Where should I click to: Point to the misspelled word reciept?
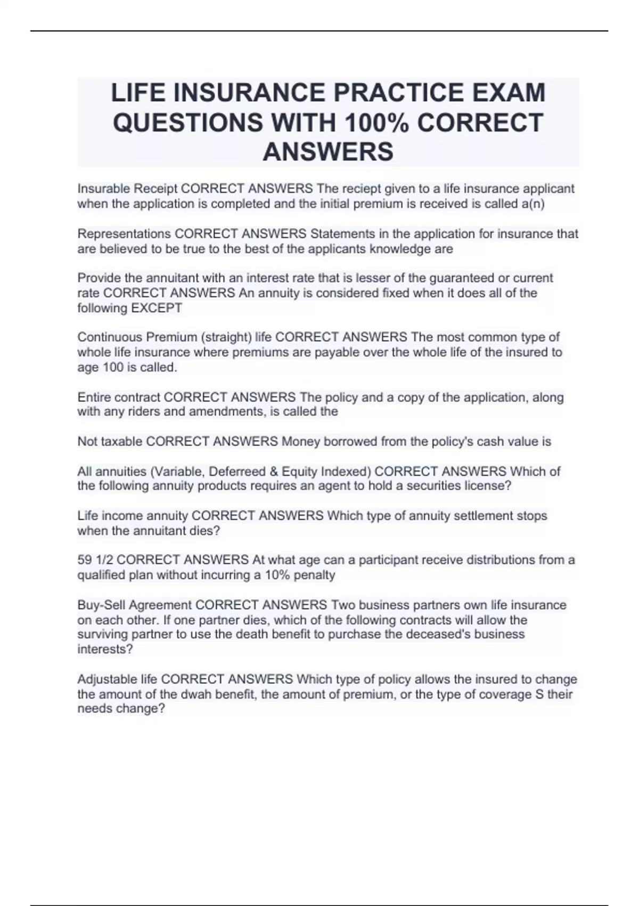point(362,189)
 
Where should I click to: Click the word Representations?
point(124,234)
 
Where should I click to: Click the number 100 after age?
point(113,367)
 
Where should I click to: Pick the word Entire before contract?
point(94,397)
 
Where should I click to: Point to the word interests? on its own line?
point(105,649)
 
